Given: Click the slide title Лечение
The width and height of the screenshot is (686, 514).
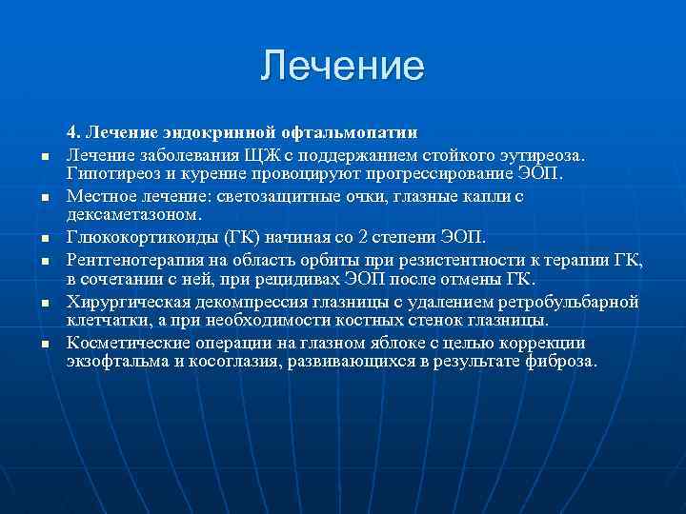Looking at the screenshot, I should (x=343, y=66).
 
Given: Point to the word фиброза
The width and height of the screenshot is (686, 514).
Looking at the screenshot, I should (x=563, y=363).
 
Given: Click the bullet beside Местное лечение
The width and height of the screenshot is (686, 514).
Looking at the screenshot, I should (x=45, y=198).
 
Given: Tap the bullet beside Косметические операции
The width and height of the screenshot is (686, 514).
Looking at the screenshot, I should (x=45, y=344).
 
